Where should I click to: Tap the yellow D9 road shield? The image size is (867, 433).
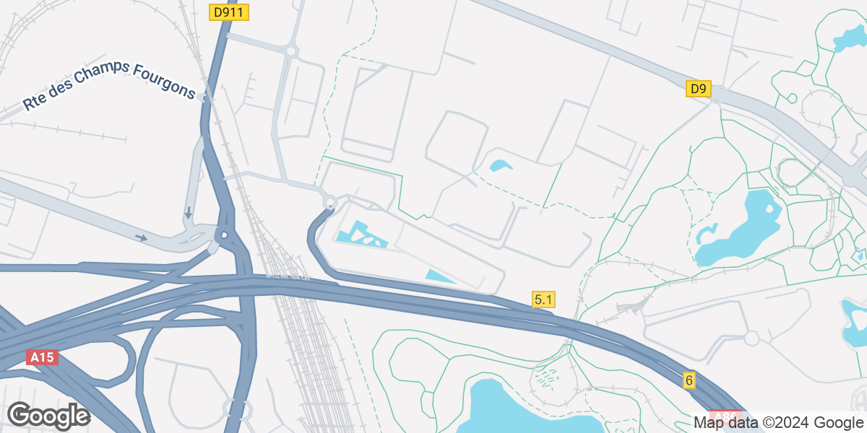698,89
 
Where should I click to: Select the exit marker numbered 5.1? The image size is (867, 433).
543,299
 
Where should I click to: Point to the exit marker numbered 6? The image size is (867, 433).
689,380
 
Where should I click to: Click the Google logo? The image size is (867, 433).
48,416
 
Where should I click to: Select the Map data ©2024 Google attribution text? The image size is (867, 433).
778,422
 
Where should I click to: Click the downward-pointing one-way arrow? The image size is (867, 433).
188,213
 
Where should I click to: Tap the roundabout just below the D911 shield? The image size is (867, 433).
291,51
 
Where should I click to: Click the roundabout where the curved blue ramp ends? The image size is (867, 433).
330,202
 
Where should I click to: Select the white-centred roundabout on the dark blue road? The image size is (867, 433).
225,235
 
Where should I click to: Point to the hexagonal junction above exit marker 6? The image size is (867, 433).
751,337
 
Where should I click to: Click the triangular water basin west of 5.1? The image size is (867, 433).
439,276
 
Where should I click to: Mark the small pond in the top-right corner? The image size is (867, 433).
847,39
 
